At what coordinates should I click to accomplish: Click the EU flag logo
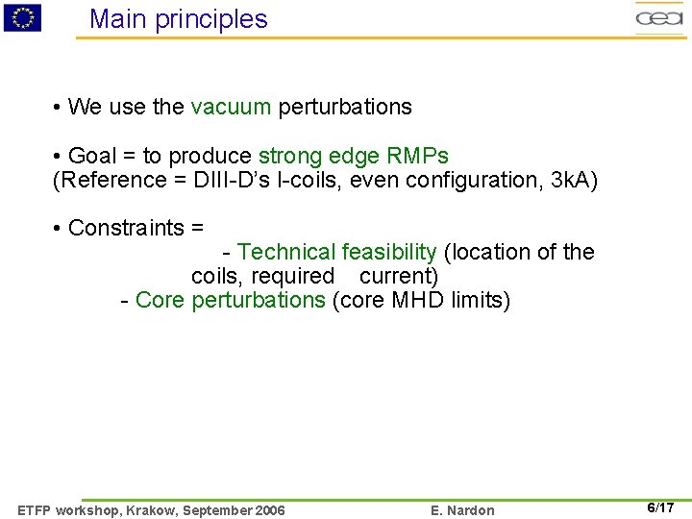click(22, 17)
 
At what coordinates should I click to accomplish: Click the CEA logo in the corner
click(658, 17)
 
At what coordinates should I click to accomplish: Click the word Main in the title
click(118, 19)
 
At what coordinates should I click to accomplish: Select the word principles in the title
click(212, 19)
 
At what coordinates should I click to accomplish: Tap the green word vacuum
click(231, 107)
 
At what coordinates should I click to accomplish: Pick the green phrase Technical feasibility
click(336, 252)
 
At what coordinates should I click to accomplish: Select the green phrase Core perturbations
click(231, 300)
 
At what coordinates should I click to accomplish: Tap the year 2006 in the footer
click(268, 510)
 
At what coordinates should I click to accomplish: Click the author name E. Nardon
click(463, 510)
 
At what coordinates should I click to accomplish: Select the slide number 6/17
click(659, 507)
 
